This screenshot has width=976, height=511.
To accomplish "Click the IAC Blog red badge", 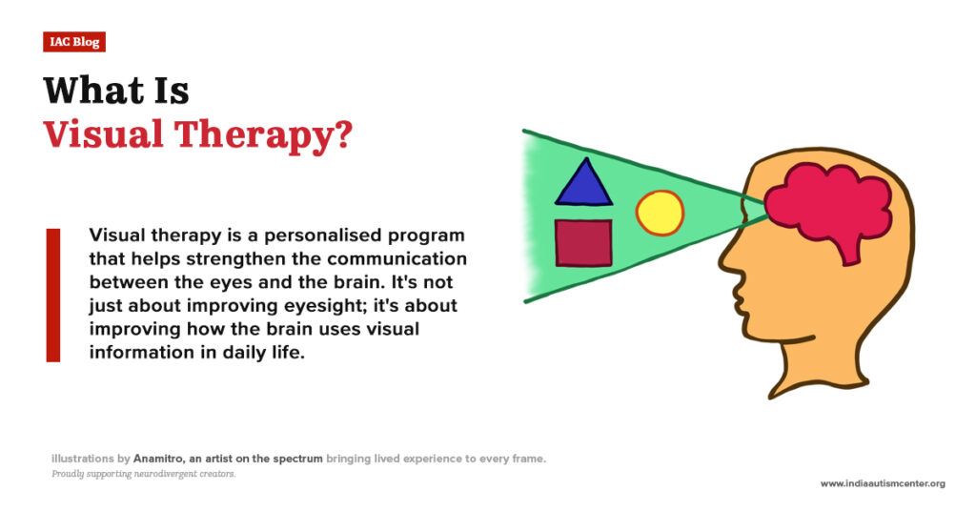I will pyautogui.click(x=73, y=42).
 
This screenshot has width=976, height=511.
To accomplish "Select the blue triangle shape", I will pyautogui.click(x=583, y=185).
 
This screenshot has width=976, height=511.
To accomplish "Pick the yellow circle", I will pyautogui.click(x=660, y=213).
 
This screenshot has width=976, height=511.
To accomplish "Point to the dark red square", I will pyautogui.click(x=583, y=242).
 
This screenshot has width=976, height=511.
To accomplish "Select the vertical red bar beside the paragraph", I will pyautogui.click(x=53, y=295).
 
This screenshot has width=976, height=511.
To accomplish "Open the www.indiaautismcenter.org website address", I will pyautogui.click(x=883, y=483).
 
